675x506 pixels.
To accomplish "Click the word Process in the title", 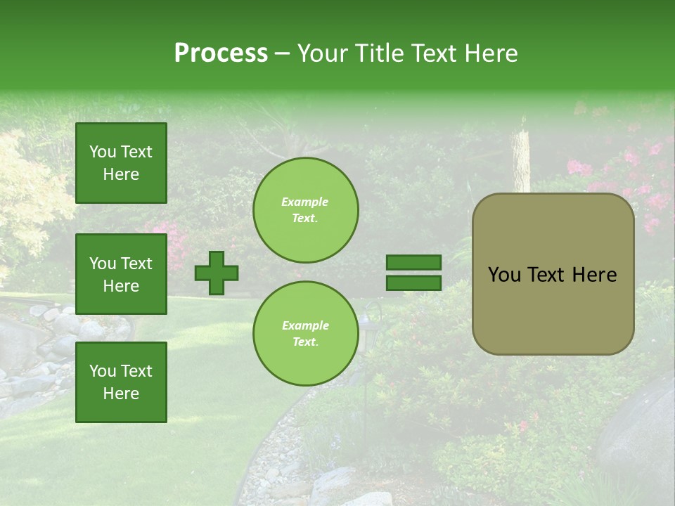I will point(221,53).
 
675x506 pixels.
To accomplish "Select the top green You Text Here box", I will point(121,163).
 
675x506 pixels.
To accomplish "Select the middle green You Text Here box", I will point(121,274).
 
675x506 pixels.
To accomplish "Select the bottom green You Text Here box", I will point(121,382).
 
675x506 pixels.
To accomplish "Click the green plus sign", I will point(217,273).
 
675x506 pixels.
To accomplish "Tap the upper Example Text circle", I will point(306,209).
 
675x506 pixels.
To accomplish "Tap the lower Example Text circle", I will point(306,333).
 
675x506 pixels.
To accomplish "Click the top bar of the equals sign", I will point(413,263).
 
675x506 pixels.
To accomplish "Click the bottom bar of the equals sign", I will point(413,283).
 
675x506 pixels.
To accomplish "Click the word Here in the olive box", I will point(594,275).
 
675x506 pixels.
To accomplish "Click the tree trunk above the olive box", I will point(521,158).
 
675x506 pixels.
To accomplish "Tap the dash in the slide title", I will point(283,53).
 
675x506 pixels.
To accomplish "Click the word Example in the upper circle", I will point(305,202).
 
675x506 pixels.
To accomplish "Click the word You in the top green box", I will point(102,152).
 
